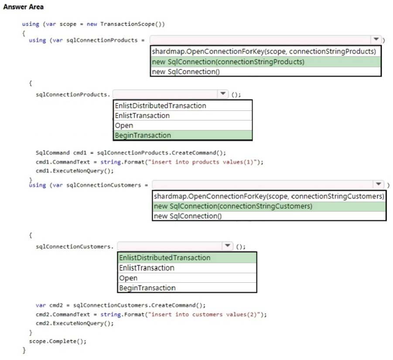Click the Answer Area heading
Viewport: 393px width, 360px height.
[23, 7]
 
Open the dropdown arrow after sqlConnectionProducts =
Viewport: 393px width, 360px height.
[376, 39]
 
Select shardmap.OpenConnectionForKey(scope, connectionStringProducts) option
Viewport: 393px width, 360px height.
[264, 51]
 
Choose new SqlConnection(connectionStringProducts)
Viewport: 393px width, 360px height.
[228, 62]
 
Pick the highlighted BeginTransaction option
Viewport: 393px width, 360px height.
[143, 135]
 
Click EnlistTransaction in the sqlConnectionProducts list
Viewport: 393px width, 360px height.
[142, 116]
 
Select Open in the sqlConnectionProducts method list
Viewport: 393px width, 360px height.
[124, 125]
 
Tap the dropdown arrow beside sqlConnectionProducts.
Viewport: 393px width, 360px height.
[223, 94]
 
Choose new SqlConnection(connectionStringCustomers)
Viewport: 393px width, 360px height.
[233, 206]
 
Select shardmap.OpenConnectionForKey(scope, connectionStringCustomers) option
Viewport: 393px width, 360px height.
[269, 196]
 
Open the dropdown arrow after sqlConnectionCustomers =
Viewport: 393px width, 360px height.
[379, 184]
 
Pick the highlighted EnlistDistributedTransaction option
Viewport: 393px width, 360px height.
[165, 258]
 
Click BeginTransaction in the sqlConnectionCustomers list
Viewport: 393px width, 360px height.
[147, 288]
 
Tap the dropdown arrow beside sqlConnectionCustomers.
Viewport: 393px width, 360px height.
[227, 245]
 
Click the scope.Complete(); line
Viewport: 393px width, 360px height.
[58, 341]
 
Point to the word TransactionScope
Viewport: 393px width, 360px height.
[127, 24]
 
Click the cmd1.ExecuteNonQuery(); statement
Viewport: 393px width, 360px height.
[75, 171]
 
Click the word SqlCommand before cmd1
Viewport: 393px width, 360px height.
[53, 153]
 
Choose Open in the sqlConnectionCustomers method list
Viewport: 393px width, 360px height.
[128, 278]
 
